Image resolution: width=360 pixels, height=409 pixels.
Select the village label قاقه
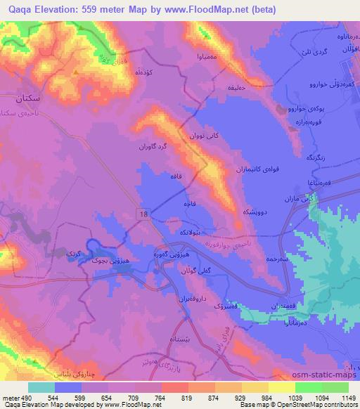coord(168,178)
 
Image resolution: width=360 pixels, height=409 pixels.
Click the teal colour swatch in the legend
coord(41,387)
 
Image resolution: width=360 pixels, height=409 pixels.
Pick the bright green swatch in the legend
coord(307,387)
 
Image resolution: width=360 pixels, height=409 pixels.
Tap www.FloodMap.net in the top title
coord(212,10)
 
